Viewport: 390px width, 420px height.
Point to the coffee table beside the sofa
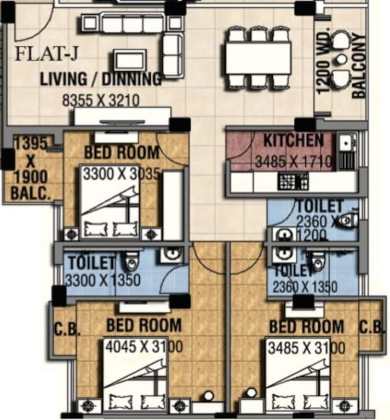130,59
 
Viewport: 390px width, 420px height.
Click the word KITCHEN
294,141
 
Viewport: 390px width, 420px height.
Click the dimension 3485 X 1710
294,161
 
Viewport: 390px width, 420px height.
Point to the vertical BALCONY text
359,66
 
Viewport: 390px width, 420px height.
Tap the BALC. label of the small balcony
31,192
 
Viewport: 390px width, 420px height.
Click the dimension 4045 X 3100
144,347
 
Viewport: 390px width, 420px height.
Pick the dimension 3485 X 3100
305,348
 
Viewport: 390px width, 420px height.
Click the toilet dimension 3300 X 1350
103,280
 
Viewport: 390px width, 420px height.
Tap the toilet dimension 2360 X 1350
312,285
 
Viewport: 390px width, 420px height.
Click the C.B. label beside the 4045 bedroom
67,329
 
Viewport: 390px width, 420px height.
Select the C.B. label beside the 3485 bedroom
370,328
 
